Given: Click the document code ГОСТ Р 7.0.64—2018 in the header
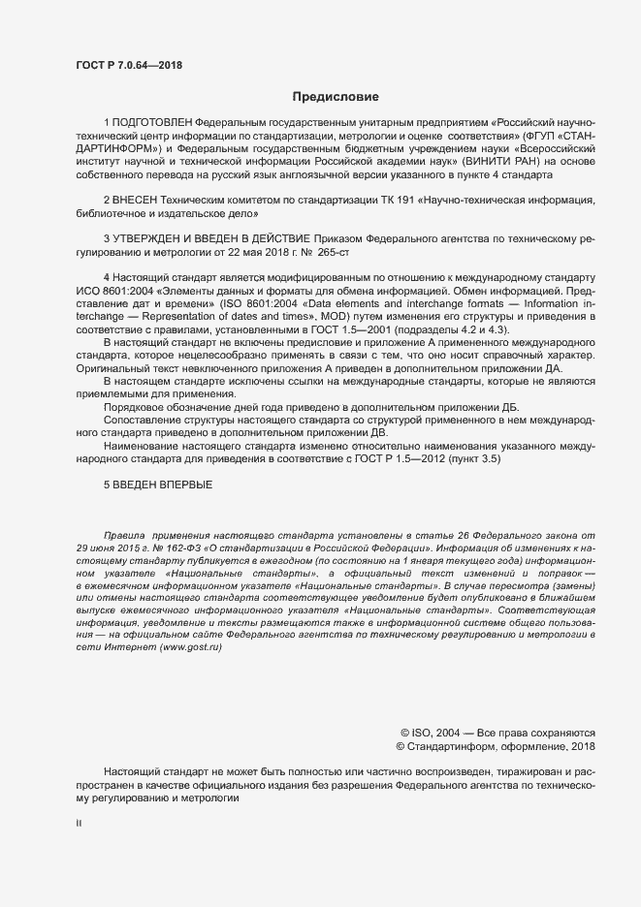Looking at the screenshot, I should (128, 66).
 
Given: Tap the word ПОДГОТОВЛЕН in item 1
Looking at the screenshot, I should (152, 125).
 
